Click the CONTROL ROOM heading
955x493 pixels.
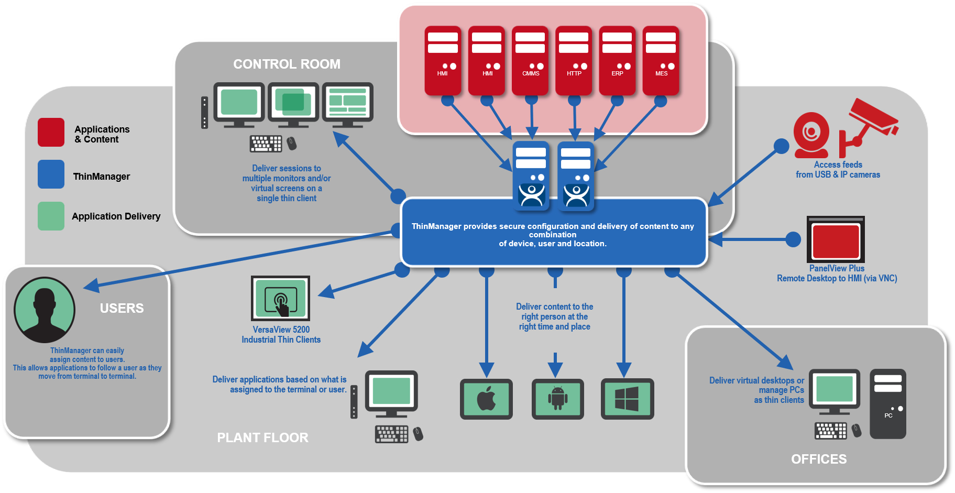tap(287, 64)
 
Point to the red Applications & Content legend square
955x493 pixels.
tap(51, 133)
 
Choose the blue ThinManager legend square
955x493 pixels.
tap(51, 174)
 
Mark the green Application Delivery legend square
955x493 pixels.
tap(51, 216)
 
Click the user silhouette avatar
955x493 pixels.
tap(45, 310)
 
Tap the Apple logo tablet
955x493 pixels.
tap(486, 399)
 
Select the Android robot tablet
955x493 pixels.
tap(557, 399)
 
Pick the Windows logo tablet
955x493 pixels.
tap(627, 399)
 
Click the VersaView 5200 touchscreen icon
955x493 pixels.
tap(281, 298)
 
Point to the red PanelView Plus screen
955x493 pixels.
tap(836, 240)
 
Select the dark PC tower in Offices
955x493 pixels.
tap(887, 403)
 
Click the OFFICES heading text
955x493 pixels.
tap(819, 459)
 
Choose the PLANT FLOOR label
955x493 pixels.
tap(262, 437)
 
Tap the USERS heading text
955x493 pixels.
tap(122, 308)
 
